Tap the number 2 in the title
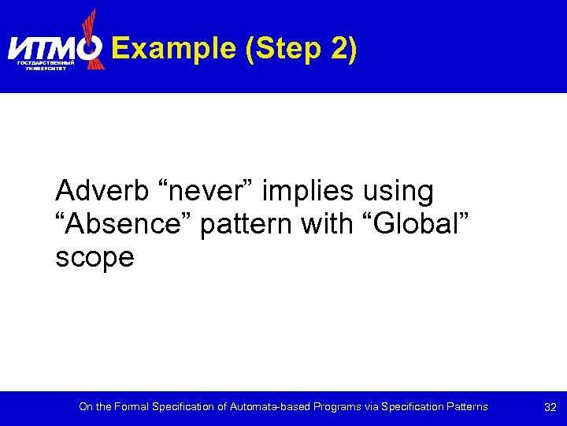coord(339,49)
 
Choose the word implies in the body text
coord(308,190)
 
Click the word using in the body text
coord(398,190)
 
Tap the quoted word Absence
coord(124,224)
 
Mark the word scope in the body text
coord(94,257)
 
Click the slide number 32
coord(550,407)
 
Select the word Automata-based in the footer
coord(268,407)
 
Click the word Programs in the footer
coord(336,407)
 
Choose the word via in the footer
coord(372,407)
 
